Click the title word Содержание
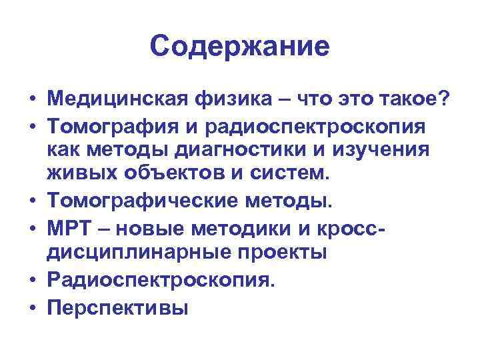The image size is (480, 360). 239,47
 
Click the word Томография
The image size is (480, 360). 108,127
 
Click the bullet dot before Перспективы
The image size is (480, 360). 33,309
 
